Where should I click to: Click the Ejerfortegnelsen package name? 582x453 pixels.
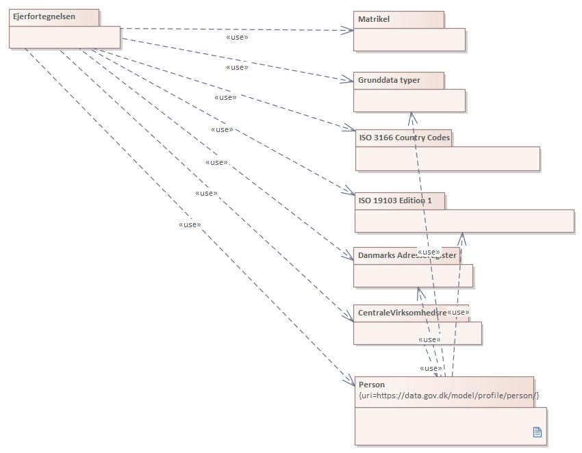point(44,17)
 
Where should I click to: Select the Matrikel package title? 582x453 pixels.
point(374,19)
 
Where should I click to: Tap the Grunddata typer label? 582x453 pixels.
point(389,80)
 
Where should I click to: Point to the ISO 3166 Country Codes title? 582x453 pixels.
point(404,138)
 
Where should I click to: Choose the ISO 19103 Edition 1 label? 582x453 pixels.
point(395,200)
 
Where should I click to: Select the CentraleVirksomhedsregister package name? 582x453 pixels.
point(402,313)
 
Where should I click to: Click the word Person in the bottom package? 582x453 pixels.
point(372,385)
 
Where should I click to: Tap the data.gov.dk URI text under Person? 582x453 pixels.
point(448,396)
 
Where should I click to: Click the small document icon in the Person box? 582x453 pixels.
point(537,432)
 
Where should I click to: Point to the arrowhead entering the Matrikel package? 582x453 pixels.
point(349,30)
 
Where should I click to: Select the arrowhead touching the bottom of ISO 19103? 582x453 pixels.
point(462,237)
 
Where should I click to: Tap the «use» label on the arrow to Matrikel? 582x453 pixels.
point(237,37)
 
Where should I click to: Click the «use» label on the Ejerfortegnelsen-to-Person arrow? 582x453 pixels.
point(190,224)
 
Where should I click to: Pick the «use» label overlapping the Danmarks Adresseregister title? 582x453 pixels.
point(429,253)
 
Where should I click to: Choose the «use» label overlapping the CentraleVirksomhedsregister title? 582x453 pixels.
point(458,313)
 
